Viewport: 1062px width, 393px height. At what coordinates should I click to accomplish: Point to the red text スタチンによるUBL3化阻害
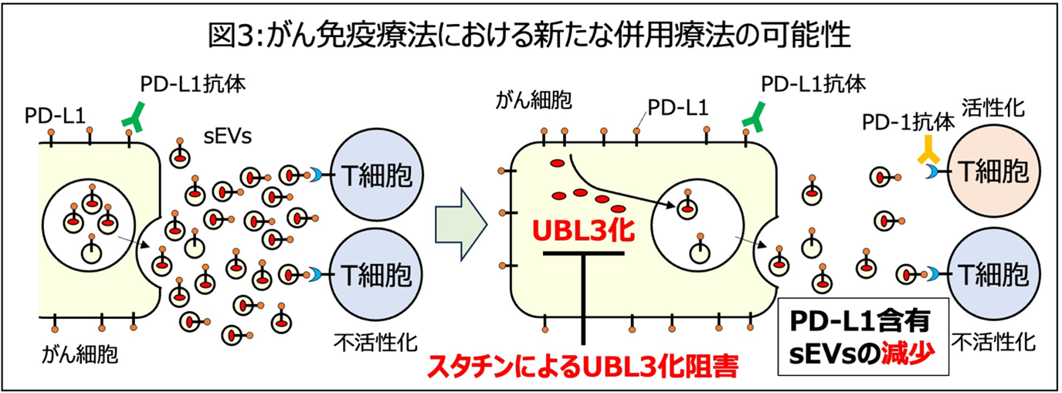[x=579, y=363]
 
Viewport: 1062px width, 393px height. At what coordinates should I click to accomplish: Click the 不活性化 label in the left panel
[x=361, y=340]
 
